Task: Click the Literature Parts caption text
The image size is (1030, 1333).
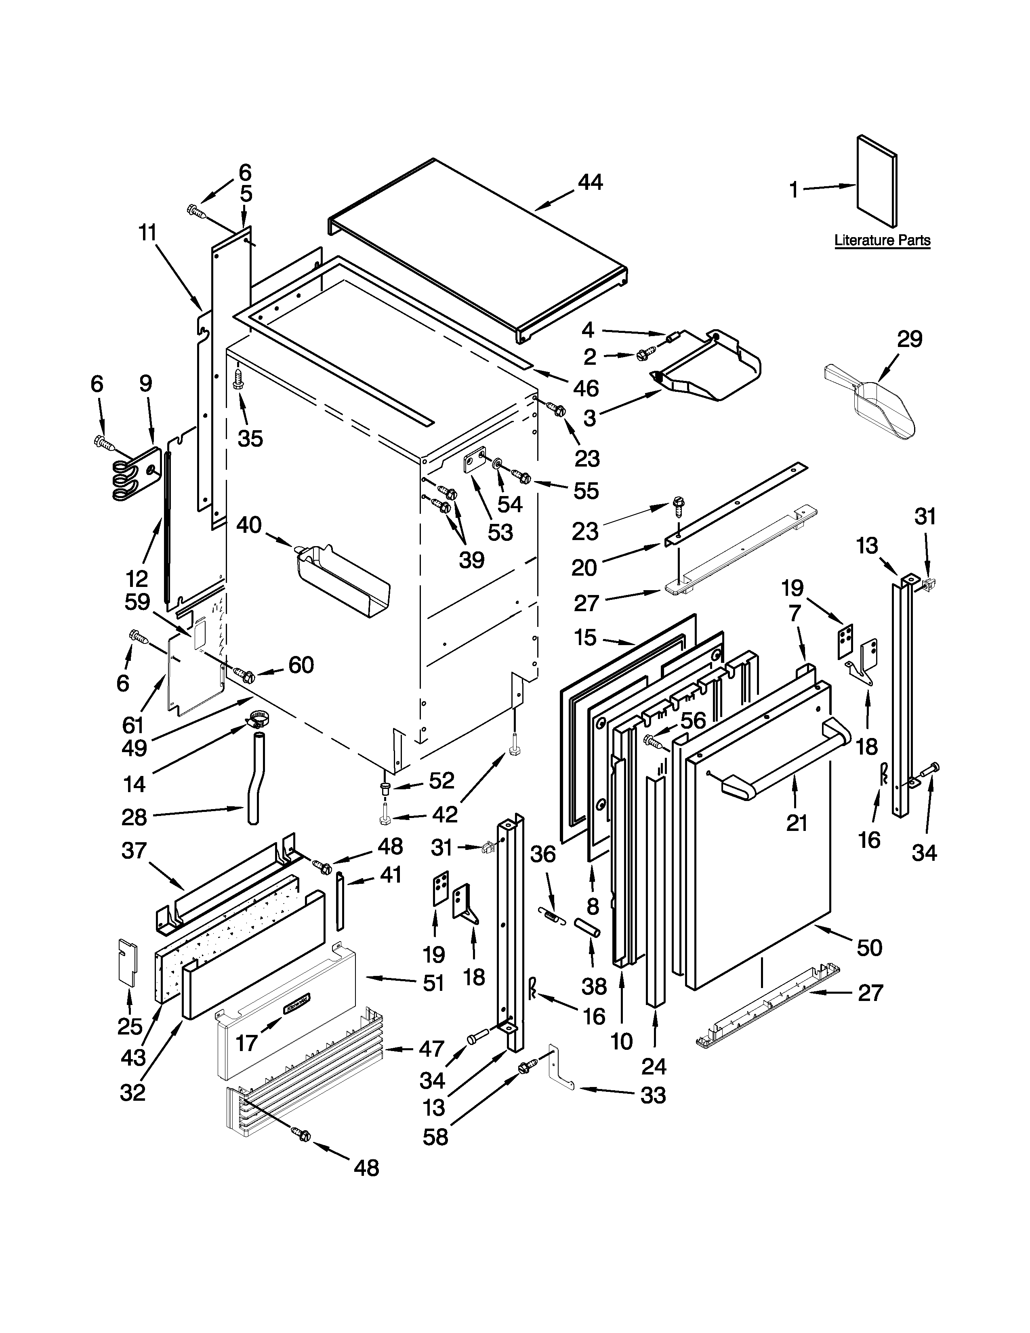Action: (882, 240)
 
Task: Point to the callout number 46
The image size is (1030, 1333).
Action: (586, 388)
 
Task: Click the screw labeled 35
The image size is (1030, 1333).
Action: (239, 380)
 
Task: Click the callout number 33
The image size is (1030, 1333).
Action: (652, 1095)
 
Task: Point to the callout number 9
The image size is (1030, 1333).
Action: (145, 383)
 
